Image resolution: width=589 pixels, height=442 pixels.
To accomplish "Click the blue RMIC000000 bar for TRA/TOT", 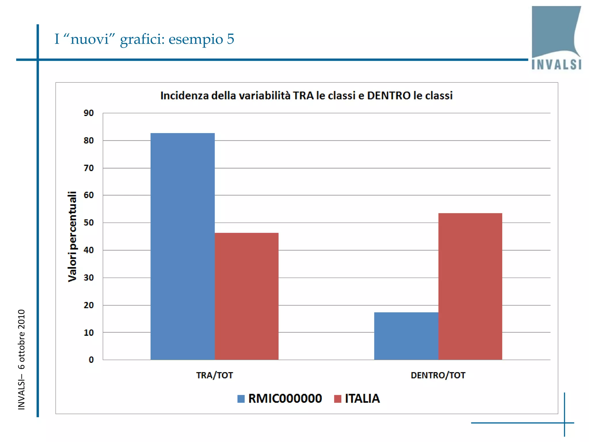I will click(183, 246).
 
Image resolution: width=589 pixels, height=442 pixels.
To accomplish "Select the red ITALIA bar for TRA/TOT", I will click(246, 296).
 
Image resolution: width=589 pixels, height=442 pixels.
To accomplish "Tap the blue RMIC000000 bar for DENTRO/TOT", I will click(406, 336).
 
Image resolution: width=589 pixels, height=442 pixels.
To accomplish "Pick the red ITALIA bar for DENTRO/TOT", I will click(470, 286).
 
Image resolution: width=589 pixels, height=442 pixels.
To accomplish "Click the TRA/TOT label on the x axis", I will click(215, 375).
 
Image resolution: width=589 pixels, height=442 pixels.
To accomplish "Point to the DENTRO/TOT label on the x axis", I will click(438, 375).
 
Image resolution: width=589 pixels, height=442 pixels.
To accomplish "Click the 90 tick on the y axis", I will click(89, 113).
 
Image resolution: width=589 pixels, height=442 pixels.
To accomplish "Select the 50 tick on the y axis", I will click(89, 223).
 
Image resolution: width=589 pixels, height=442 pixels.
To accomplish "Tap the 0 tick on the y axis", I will click(91, 360).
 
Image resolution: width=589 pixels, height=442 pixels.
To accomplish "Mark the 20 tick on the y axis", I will click(89, 305).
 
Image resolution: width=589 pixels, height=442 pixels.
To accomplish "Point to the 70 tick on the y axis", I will click(89, 168).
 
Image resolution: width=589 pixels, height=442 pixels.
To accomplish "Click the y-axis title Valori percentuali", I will click(72, 237).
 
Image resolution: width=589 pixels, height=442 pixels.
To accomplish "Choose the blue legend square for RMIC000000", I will click(241, 399).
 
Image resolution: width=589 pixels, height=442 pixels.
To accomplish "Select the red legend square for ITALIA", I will click(338, 399).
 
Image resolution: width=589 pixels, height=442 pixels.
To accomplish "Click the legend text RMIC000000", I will click(285, 399).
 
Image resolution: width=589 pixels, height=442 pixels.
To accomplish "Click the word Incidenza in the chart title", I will click(184, 96).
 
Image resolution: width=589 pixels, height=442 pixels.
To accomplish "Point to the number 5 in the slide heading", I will click(230, 39).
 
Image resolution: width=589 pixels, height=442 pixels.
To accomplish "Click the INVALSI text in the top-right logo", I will click(557, 64).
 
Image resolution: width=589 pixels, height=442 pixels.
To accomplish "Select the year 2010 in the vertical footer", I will click(22, 319).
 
